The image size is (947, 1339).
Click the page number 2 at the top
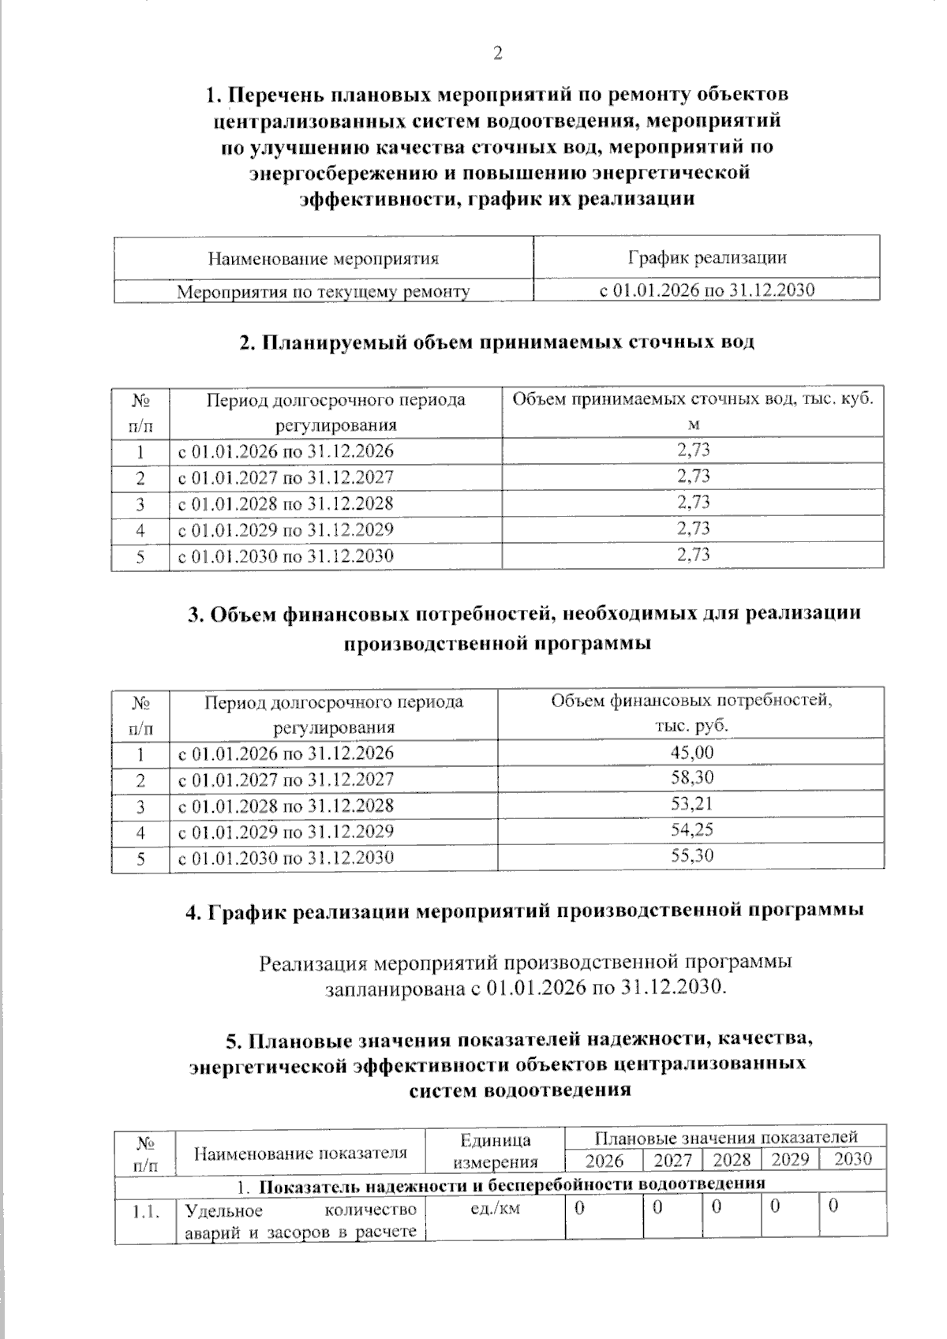497,54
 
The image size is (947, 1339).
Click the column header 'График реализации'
706,257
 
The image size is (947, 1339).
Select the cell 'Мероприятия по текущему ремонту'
323,292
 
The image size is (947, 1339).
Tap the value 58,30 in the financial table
691,777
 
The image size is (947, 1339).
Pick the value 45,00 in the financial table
691,752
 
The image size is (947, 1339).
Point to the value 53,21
691,804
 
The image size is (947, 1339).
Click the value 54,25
691,830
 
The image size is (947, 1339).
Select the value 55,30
691,856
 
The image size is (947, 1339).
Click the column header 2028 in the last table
731,1160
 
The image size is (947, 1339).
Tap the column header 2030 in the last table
853,1159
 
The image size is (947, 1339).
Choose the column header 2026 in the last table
604,1161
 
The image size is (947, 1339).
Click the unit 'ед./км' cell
495,1209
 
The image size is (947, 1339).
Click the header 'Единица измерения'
495,1150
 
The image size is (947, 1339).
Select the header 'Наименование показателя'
300,1153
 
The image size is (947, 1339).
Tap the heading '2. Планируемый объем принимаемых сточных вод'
497,342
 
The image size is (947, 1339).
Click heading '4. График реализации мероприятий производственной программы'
524,911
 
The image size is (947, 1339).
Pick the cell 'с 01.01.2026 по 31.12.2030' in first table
706,290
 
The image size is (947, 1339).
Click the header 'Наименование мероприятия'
323,259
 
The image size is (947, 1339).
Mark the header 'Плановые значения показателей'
725,1137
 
